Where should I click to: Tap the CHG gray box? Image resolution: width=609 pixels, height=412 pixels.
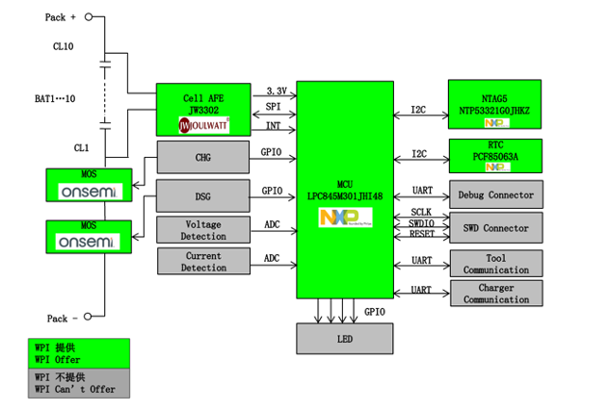(202, 157)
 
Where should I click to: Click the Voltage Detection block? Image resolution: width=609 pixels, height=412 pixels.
(202, 230)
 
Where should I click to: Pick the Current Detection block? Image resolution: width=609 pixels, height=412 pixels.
(202, 261)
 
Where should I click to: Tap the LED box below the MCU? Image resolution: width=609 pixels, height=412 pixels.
(345, 338)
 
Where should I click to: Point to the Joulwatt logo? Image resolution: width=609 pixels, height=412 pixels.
(203, 124)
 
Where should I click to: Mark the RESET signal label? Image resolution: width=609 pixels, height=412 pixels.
(421, 234)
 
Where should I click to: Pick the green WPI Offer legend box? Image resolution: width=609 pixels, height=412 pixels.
(78, 352)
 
